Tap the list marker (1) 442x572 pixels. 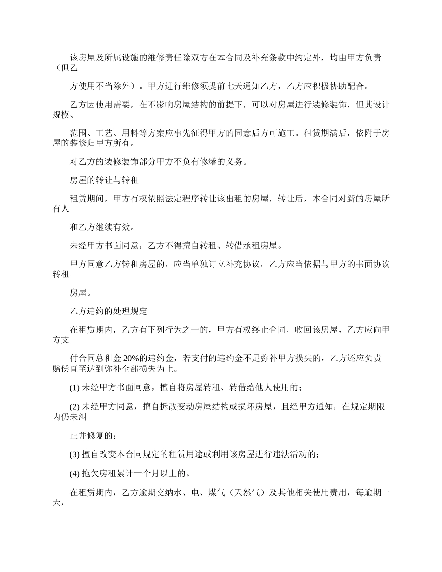(74, 387)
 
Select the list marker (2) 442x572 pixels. (74, 407)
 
